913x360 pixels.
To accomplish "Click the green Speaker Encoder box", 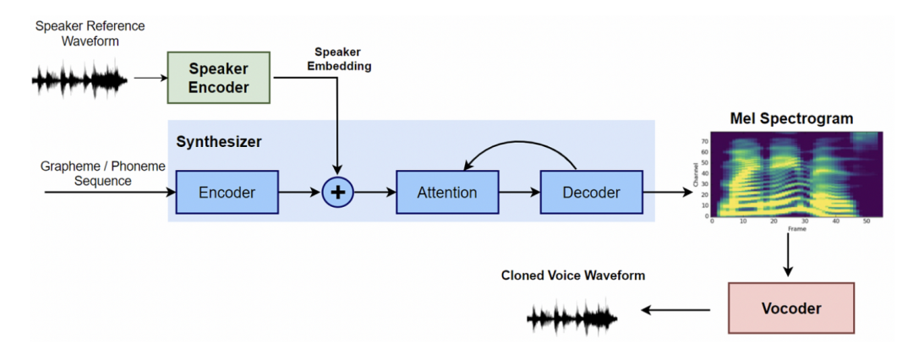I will click(219, 77).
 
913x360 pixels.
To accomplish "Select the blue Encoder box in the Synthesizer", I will click(227, 193).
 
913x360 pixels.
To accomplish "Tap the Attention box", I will click(446, 193).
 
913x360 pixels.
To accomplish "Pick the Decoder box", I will click(591, 193).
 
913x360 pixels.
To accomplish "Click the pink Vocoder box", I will click(791, 308).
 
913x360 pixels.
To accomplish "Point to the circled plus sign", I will click(338, 193).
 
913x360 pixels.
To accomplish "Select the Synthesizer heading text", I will click(219, 142).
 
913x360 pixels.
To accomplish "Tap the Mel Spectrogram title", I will click(792, 118).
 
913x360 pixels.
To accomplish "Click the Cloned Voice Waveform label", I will click(573, 275).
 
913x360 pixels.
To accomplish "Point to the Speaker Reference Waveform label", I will click(90, 33).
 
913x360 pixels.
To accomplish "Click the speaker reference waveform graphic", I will click(79, 81).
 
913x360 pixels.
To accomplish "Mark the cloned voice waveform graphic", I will click(572, 318).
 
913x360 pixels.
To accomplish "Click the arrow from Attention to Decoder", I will click(519, 193).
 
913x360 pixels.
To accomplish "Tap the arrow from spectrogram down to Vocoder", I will click(788, 254).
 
